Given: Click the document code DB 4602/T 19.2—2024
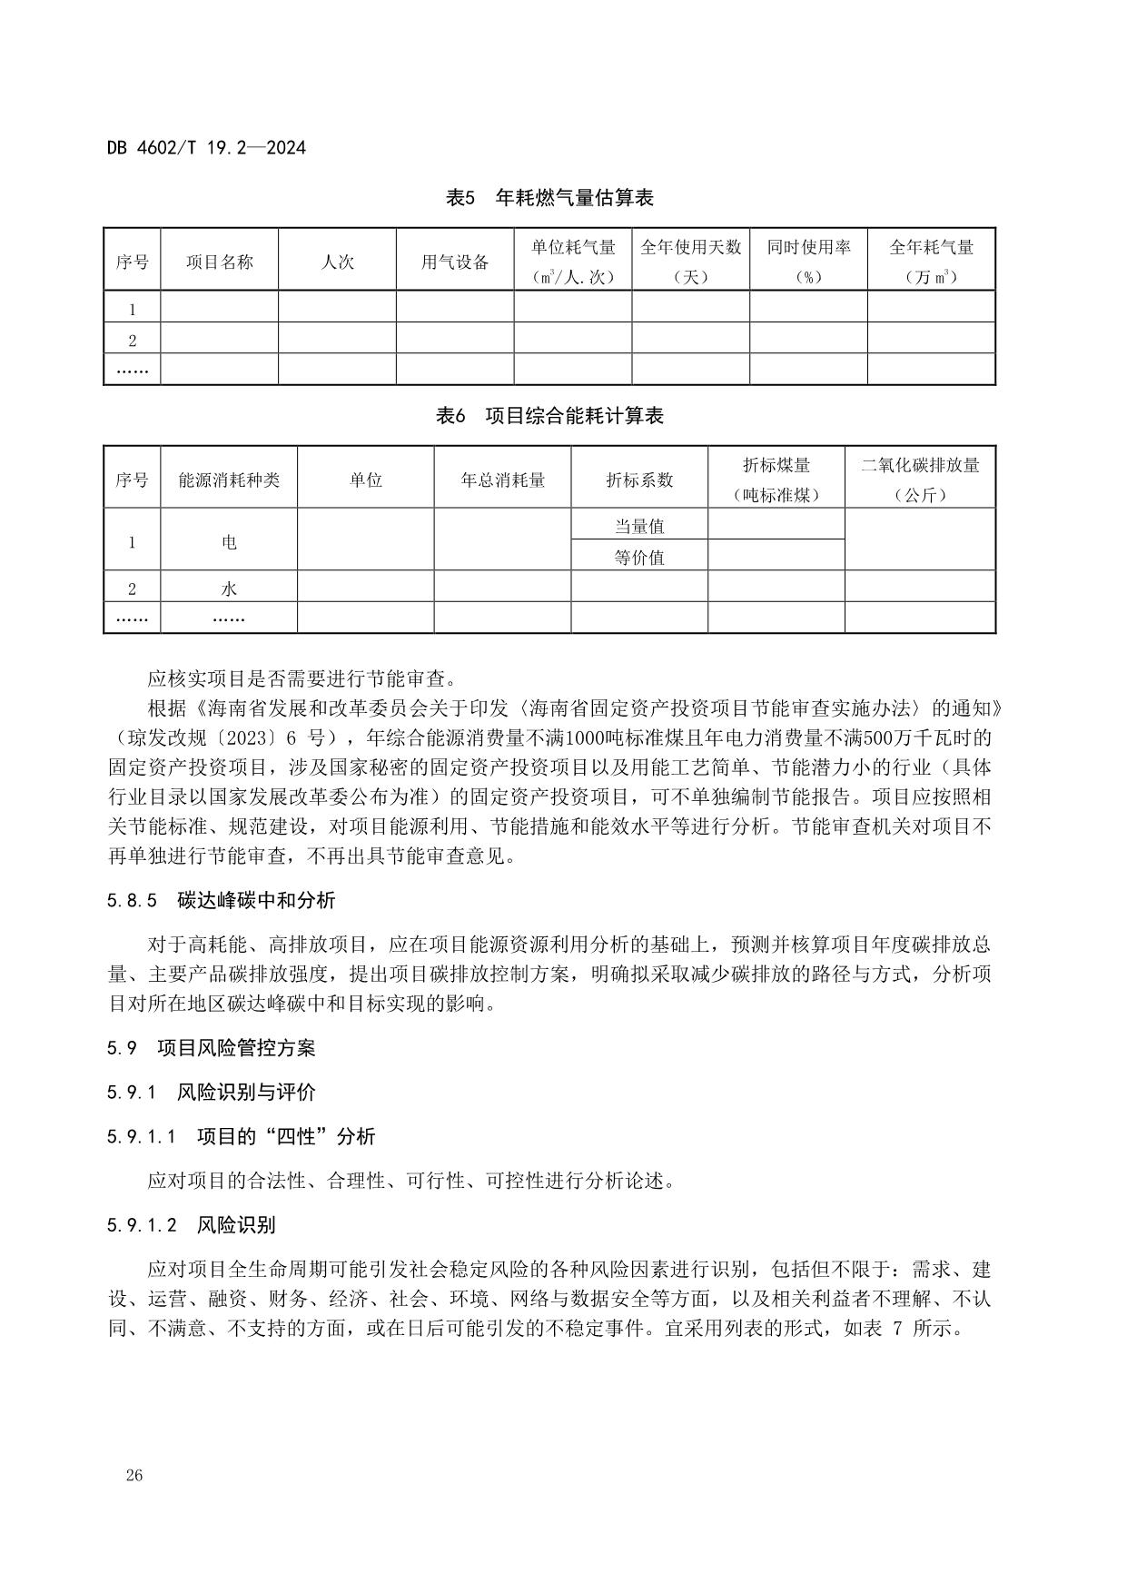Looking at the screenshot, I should click(x=206, y=147).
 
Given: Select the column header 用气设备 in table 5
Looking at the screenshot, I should click(x=455, y=262).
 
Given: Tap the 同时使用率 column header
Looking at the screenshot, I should click(x=808, y=248).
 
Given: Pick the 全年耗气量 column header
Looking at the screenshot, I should click(x=931, y=248).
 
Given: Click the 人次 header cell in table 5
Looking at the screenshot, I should click(x=337, y=262).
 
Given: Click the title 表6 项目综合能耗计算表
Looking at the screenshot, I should click(x=549, y=416).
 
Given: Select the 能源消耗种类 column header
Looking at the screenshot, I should click(x=229, y=480).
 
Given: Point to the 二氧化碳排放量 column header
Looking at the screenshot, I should click(x=920, y=466).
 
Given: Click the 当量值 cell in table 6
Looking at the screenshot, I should click(x=639, y=526).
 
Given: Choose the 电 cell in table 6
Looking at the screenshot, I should click(x=229, y=542).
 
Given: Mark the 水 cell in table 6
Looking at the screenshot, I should click(x=229, y=589).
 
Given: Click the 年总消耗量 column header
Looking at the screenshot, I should click(x=502, y=480).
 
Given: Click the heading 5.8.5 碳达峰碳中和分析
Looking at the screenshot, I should click(x=221, y=901).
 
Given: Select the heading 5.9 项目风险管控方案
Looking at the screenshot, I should click(x=211, y=1048).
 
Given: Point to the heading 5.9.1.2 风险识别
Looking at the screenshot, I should click(x=191, y=1225).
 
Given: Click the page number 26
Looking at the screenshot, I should click(x=134, y=1476).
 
